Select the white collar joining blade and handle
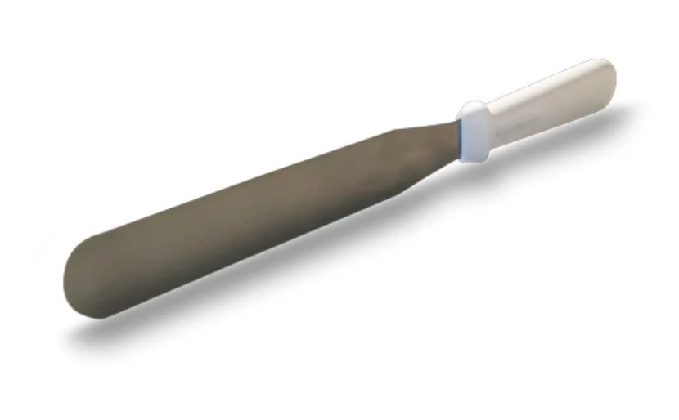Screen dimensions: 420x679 pos(474,132)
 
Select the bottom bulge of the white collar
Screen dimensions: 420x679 pos(479,157)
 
